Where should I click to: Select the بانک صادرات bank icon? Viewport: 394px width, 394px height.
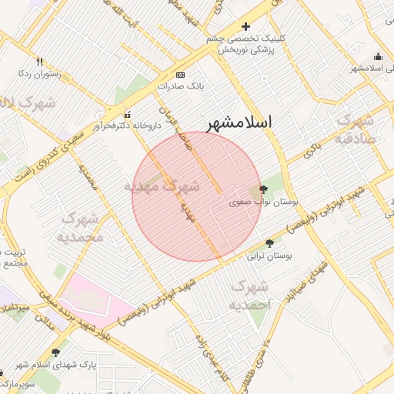click(180, 75)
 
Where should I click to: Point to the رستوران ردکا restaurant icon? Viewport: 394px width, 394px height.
click(39, 62)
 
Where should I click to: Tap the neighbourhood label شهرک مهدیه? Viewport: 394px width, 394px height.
click(162, 186)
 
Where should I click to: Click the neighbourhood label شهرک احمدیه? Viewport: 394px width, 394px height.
click(249, 295)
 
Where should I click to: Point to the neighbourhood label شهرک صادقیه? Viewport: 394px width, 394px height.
click(355, 130)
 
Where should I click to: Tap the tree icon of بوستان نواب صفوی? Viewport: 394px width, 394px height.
click(262, 189)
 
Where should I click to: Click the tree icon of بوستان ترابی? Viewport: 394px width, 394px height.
click(268, 243)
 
